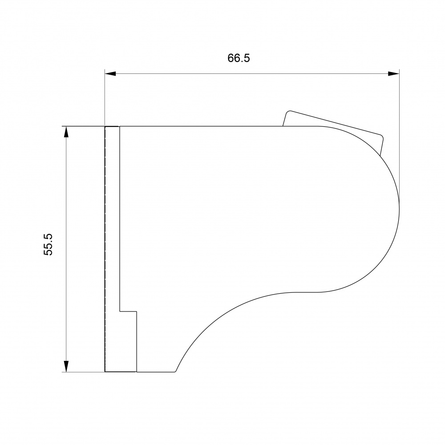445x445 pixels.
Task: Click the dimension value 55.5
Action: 49,244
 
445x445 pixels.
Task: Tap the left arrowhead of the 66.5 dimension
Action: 110,73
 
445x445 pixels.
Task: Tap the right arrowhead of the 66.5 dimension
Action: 393,73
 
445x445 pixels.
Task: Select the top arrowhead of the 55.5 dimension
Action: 66,132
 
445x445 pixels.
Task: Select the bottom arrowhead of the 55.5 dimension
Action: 66,366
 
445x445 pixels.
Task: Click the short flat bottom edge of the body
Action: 156,372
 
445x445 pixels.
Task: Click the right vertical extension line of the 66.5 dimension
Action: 399,133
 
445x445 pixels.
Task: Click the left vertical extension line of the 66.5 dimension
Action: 105,98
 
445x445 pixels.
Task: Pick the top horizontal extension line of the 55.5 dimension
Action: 82,127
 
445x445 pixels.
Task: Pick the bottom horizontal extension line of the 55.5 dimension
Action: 82,372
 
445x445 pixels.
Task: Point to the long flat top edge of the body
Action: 200,127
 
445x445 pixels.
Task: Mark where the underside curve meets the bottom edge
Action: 176,371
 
